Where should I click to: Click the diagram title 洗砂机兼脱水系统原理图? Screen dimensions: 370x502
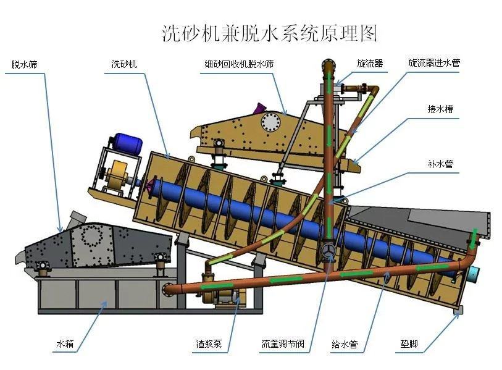(x=269, y=32)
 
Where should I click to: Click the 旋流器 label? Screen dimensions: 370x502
(x=370, y=63)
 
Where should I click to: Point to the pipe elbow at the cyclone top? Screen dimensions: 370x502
(x=329, y=64)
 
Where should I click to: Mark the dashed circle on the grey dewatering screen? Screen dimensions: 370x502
(x=94, y=237)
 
